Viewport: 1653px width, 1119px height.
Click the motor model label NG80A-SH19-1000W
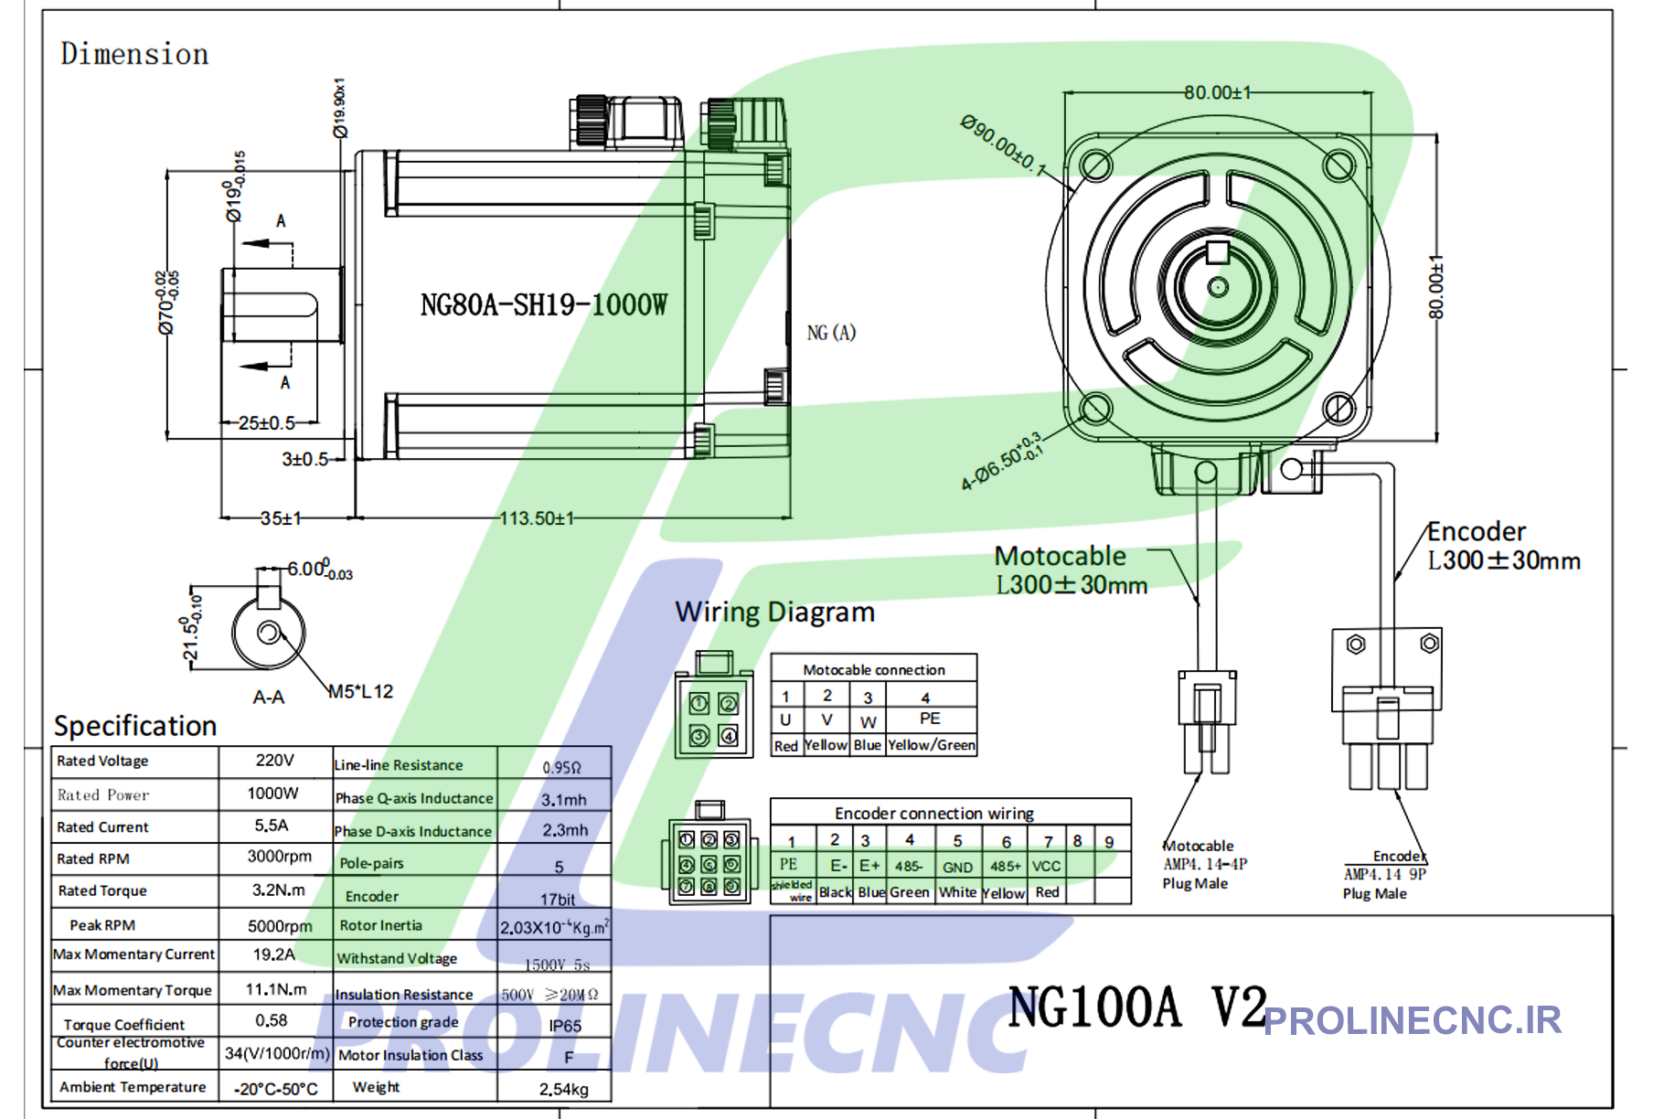[543, 304]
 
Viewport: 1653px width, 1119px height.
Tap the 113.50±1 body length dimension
[537, 518]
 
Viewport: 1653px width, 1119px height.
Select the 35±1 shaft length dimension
[281, 518]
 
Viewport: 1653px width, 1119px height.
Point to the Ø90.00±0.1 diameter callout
[1002, 144]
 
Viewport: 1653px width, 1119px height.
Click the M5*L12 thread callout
[361, 692]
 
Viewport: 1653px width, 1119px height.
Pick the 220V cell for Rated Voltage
[274, 761]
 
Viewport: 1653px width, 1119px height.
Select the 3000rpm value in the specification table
[279, 857]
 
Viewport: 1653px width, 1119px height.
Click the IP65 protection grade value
[564, 1026]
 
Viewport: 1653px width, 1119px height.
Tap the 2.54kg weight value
[563, 1089]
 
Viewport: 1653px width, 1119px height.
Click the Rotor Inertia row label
[380, 925]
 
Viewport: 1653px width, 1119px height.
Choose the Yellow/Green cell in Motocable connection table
[931, 745]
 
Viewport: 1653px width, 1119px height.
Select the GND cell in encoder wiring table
[957, 867]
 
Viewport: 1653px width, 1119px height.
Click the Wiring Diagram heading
[774, 612]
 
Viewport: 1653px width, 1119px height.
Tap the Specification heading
[135, 726]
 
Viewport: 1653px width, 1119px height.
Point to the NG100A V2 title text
[1136, 1007]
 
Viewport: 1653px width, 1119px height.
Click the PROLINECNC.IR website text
[1413, 1020]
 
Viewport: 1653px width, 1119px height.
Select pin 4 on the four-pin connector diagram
[728, 735]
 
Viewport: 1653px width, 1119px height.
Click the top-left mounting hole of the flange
[1095, 165]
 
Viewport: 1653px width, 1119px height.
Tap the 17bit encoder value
[557, 900]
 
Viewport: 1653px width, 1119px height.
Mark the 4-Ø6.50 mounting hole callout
[1000, 462]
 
